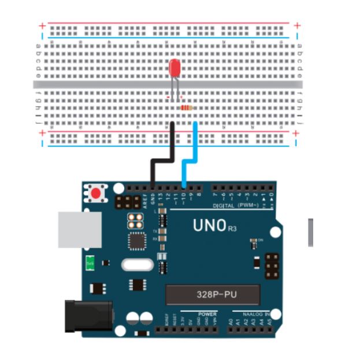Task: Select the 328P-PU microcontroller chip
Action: [x=212, y=294]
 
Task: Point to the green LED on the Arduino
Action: [x=90, y=263]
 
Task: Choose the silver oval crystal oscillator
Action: [x=138, y=265]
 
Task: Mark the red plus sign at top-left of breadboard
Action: [x=41, y=25]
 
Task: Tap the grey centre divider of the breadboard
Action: [x=168, y=84]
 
